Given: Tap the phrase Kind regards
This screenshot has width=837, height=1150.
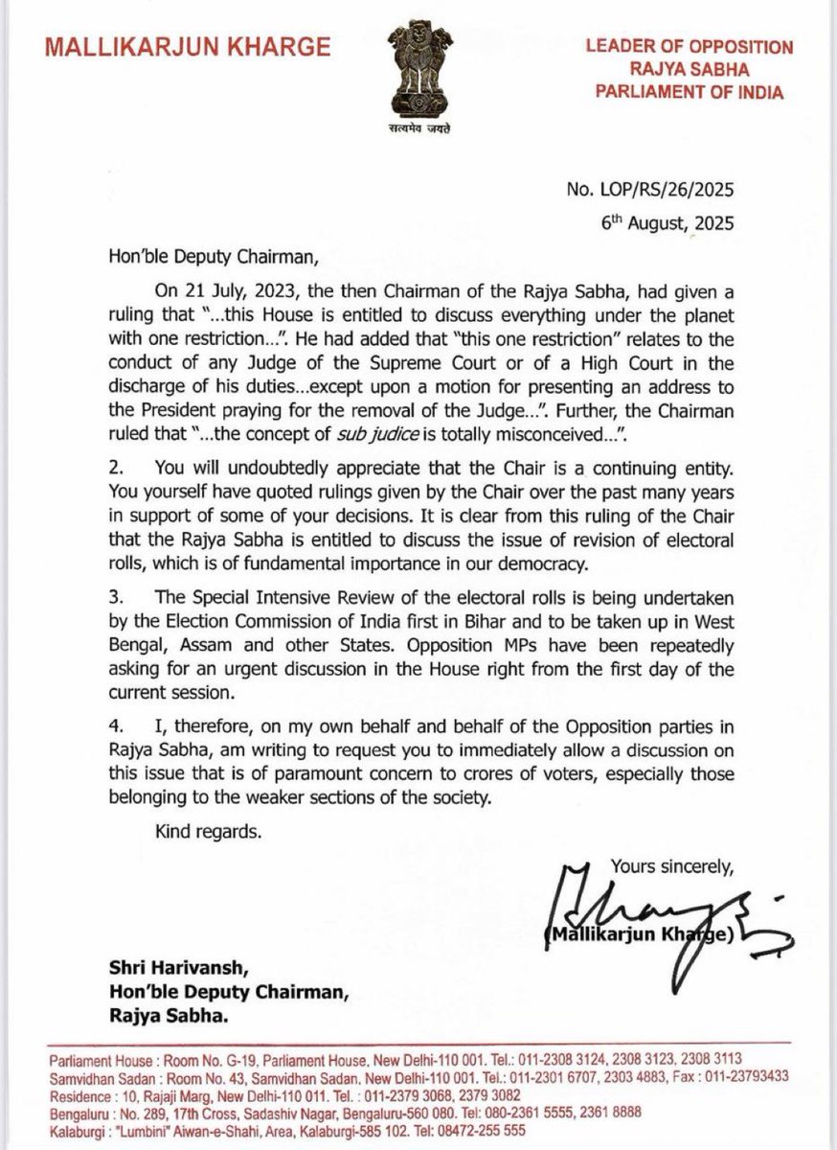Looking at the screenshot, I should pyautogui.click(x=207, y=832).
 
